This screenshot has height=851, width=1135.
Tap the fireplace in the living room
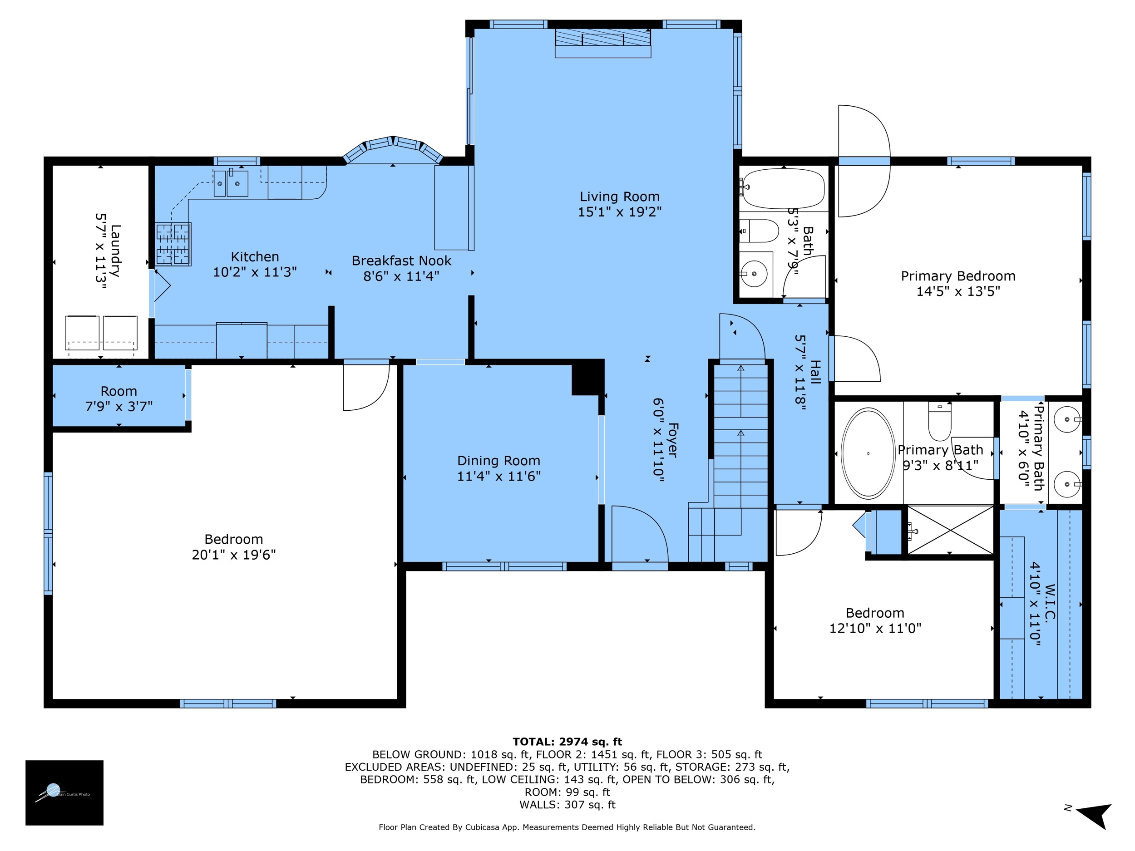click(x=602, y=42)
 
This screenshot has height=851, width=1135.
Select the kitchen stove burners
click(x=173, y=244)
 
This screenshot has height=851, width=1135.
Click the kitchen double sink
click(x=231, y=183)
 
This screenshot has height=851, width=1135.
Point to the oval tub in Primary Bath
click(x=868, y=453)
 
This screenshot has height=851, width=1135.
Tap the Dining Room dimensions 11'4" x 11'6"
click(x=499, y=476)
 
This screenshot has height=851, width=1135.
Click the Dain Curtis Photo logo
click(x=64, y=792)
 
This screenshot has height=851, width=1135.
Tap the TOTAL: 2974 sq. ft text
click(x=567, y=742)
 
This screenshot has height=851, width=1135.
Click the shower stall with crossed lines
click(x=950, y=530)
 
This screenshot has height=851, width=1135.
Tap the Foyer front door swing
click(x=639, y=533)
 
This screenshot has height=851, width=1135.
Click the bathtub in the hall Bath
click(x=783, y=188)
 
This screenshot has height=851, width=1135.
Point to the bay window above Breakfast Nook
click(x=393, y=147)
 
